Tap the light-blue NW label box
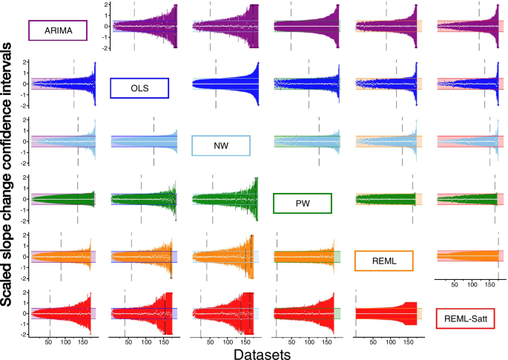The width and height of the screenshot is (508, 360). tap(220, 145)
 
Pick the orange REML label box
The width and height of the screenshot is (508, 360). tap(384, 260)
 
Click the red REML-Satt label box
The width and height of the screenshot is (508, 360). tap(466, 318)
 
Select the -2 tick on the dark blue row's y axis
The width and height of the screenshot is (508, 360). tap(25, 106)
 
